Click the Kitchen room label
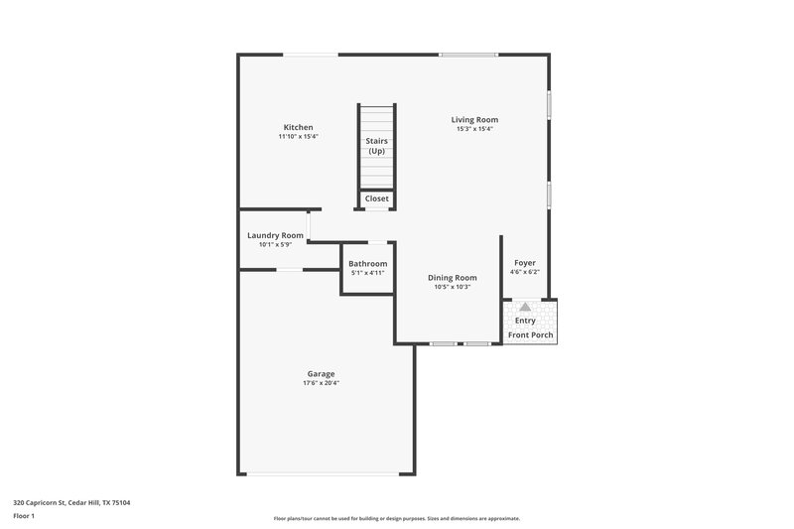299,127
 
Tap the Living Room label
474,119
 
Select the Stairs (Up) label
377,146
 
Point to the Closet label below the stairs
377,198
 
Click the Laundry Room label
275,235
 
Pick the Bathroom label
367,263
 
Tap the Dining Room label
453,278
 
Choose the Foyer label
525,263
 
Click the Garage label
321,374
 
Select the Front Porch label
531,335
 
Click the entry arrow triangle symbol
525,308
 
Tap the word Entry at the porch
525,321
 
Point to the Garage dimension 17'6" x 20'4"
321,383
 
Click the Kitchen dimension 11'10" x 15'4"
299,136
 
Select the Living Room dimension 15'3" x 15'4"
474,128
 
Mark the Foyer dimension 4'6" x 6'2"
525,272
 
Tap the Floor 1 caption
24,516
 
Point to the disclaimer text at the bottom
397,518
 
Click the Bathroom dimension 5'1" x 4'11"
367,272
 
